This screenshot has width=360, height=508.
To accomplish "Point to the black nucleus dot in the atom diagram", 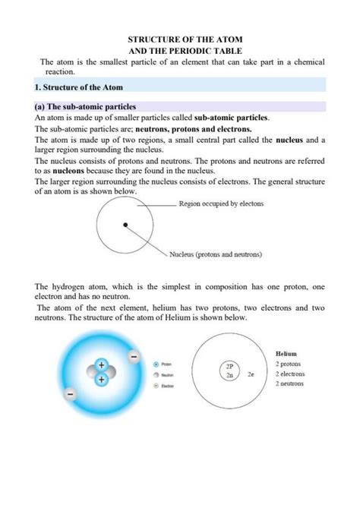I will coord(125,224).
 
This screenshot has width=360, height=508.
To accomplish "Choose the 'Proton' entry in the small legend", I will coord(163,364).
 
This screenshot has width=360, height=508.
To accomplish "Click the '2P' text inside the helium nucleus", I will coord(228,364).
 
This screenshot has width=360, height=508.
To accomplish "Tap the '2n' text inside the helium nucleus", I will coord(228,374).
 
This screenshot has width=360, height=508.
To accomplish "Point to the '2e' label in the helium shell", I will coord(251,374).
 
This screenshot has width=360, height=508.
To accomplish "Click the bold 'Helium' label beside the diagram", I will coord(286,354).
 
